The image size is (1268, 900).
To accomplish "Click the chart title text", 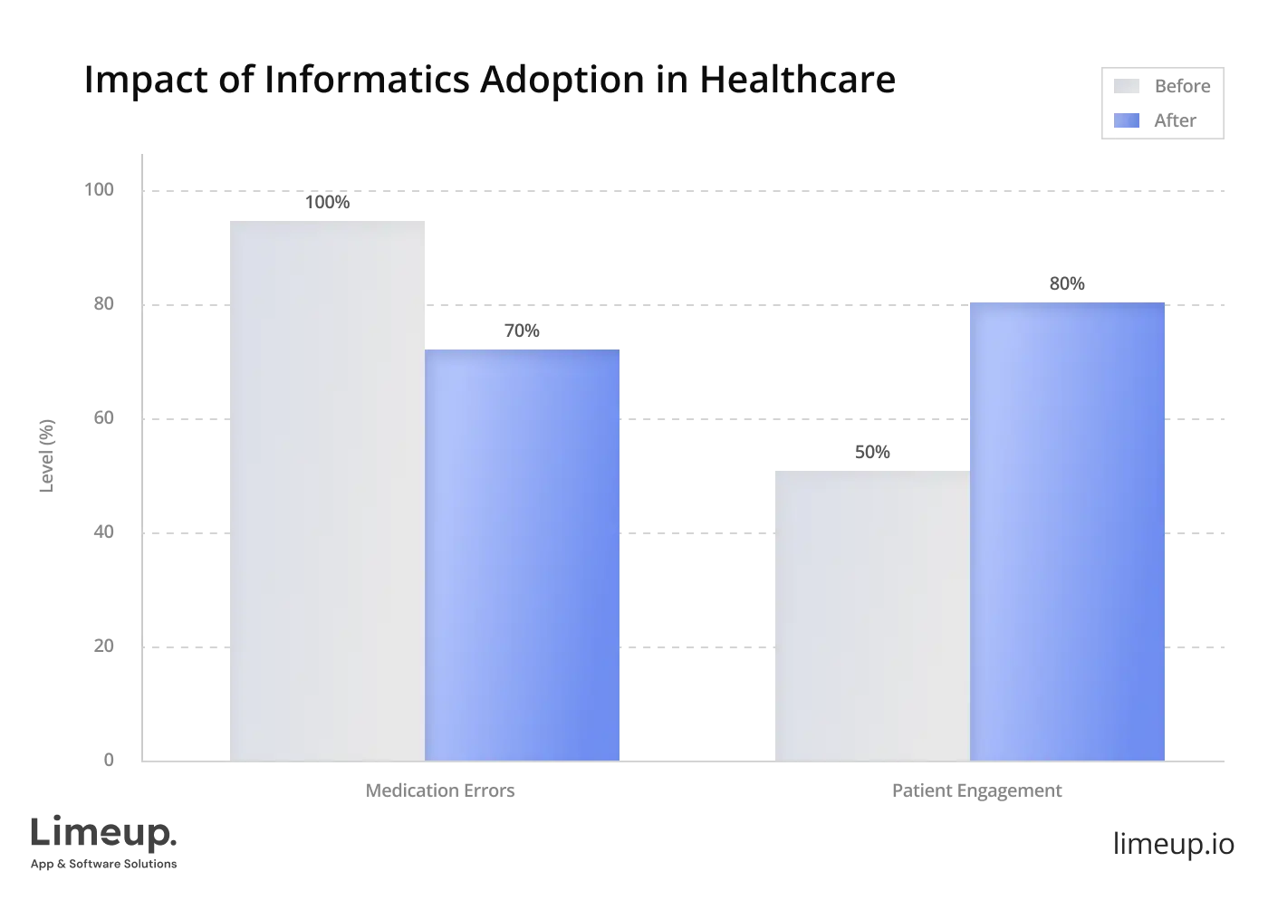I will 487,80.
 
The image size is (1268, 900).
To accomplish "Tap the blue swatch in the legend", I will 1125,120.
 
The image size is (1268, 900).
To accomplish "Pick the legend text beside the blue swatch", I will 1177,120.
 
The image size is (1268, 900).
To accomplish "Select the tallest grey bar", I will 325,489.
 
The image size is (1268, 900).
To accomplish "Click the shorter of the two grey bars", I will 871,616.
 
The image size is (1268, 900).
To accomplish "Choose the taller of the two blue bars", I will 1067,530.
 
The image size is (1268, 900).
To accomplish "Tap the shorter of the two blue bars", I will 524,554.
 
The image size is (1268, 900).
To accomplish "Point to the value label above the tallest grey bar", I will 328,199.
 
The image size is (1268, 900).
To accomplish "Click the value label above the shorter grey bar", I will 873,453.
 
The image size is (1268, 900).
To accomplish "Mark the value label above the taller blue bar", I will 1065,287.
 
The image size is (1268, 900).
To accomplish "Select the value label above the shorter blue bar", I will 522,330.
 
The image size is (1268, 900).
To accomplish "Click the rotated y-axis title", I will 47,455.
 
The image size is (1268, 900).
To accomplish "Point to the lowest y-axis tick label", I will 109,758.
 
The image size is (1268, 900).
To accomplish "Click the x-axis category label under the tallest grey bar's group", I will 438,792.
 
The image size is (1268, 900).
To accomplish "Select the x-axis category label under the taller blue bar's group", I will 977,792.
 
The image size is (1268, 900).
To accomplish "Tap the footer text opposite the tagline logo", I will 1172,842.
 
